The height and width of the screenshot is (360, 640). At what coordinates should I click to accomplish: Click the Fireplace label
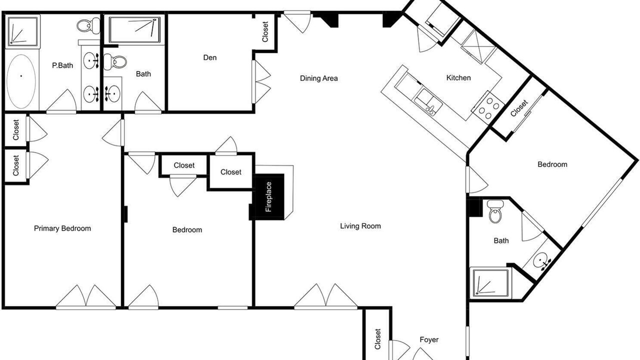point(268,197)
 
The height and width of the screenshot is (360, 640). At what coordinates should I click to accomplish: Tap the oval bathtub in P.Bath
point(21,81)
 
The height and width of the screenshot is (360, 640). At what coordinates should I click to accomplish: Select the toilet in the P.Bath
point(88,25)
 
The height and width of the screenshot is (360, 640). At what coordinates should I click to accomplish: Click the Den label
point(209,57)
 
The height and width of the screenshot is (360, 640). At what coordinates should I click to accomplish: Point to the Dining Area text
point(318,78)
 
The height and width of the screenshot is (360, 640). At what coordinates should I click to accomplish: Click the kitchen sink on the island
point(428,102)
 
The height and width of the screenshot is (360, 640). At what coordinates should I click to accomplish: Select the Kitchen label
point(458,77)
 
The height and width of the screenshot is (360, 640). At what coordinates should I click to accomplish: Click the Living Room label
point(360,226)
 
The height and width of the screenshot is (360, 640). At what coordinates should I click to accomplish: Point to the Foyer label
point(429,339)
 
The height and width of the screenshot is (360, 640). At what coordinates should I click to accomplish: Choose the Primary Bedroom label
point(62,228)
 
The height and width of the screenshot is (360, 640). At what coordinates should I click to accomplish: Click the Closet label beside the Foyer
point(377,339)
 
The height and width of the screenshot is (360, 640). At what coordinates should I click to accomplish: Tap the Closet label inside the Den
point(265,31)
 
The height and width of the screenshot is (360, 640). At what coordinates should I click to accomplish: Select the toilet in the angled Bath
point(495,211)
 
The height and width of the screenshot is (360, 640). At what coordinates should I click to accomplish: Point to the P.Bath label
point(62,65)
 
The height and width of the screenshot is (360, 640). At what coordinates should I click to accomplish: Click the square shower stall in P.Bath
point(22,31)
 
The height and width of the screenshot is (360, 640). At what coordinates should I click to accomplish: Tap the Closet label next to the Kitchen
point(518,108)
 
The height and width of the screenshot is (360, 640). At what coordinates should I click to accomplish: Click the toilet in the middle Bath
point(115,61)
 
